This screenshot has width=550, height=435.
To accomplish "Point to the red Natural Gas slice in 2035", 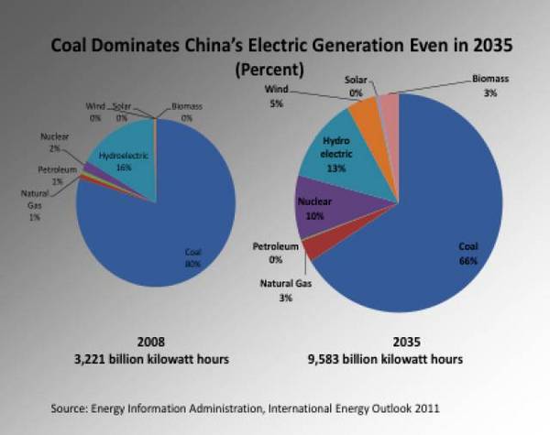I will coord(312,245).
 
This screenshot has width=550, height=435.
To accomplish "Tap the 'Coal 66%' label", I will coord(467,253).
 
